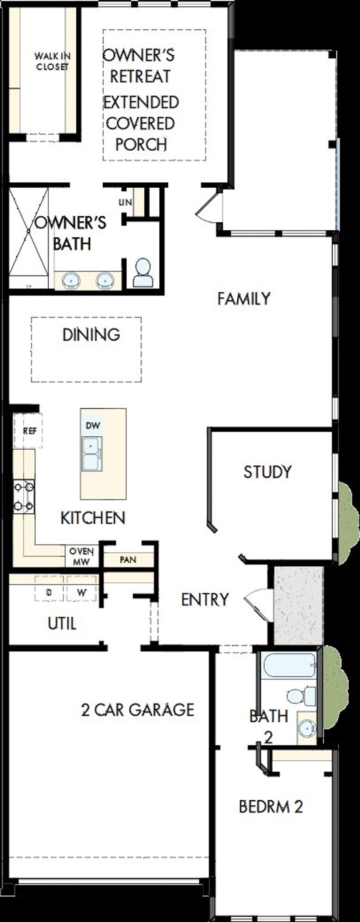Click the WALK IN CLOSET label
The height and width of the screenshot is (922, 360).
click(x=52, y=61)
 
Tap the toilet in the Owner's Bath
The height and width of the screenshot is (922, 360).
click(x=143, y=273)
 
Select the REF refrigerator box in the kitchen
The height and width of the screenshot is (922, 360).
click(x=28, y=431)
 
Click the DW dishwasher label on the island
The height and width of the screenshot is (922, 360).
click(x=93, y=426)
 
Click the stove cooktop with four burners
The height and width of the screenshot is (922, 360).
click(x=24, y=497)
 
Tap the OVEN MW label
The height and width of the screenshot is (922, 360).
click(x=82, y=557)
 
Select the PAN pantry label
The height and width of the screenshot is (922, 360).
click(x=128, y=559)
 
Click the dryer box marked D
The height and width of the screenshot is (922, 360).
click(x=49, y=592)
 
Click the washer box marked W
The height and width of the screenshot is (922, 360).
click(x=82, y=592)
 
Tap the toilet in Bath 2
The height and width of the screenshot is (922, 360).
click(x=301, y=696)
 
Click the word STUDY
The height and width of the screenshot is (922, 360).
click(x=268, y=472)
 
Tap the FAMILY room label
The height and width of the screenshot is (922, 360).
click(x=244, y=299)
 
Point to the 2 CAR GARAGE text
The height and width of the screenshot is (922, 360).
click(x=138, y=710)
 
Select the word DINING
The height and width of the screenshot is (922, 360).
click(x=91, y=335)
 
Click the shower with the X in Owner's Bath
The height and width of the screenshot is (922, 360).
click(x=29, y=232)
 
